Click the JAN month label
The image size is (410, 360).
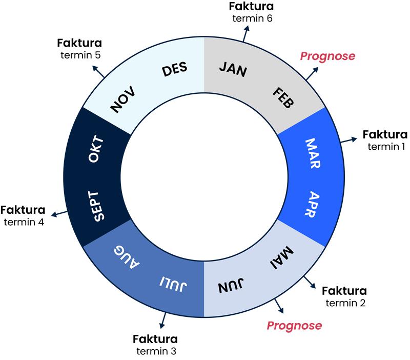[233, 69]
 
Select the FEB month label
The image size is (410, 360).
[283, 97]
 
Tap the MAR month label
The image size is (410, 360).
[312, 153]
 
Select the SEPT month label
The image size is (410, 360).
[99, 207]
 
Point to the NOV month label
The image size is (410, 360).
[123, 99]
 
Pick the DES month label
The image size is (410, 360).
[175, 70]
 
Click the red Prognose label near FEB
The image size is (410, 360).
[327, 56]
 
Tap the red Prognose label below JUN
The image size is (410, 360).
[294, 325]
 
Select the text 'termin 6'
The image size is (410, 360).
[252, 18]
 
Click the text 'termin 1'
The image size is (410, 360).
[386, 147]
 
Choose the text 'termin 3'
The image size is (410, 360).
[156, 351]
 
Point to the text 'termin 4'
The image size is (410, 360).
[24, 222]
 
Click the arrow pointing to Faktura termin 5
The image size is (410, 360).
[99, 72]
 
